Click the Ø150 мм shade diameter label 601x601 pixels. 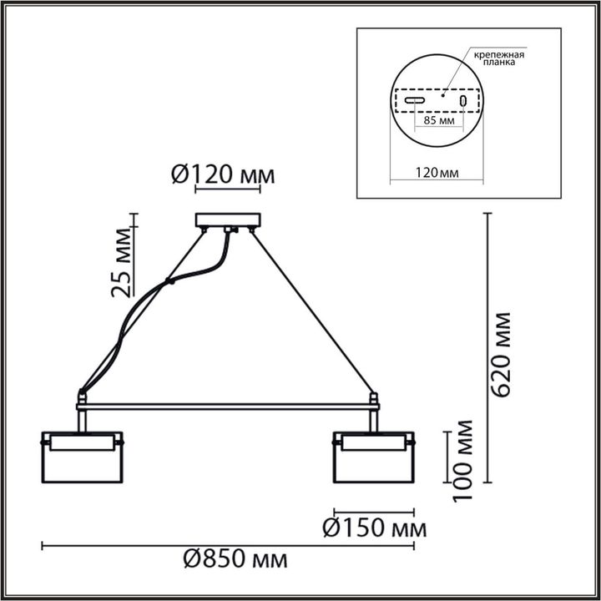(374, 528)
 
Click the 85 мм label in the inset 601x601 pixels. (438, 121)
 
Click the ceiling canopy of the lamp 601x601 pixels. (227, 220)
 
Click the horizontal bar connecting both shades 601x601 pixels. (227, 407)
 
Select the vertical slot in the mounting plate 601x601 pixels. (462, 101)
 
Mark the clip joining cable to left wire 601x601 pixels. (170, 282)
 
